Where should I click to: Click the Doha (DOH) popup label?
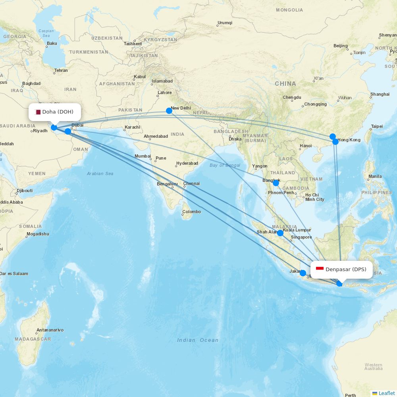(55, 112)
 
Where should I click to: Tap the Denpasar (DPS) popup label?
(341, 270)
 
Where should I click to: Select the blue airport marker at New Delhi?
(169, 111)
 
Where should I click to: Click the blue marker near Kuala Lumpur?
(280, 233)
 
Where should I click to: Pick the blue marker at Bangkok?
(276, 183)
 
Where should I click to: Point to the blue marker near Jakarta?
(303, 273)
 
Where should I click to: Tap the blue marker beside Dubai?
(68, 131)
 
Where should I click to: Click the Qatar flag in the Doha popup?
(38, 112)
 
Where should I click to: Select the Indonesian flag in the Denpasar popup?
(320, 270)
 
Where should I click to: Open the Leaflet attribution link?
(386, 393)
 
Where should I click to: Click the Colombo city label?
(191, 212)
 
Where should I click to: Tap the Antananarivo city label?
(50, 330)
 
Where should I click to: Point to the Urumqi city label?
(225, 23)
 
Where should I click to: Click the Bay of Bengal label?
(225, 165)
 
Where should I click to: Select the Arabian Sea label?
(100, 173)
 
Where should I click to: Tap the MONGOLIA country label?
(289, 10)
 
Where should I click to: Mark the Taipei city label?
(377, 126)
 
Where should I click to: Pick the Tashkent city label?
(133, 44)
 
